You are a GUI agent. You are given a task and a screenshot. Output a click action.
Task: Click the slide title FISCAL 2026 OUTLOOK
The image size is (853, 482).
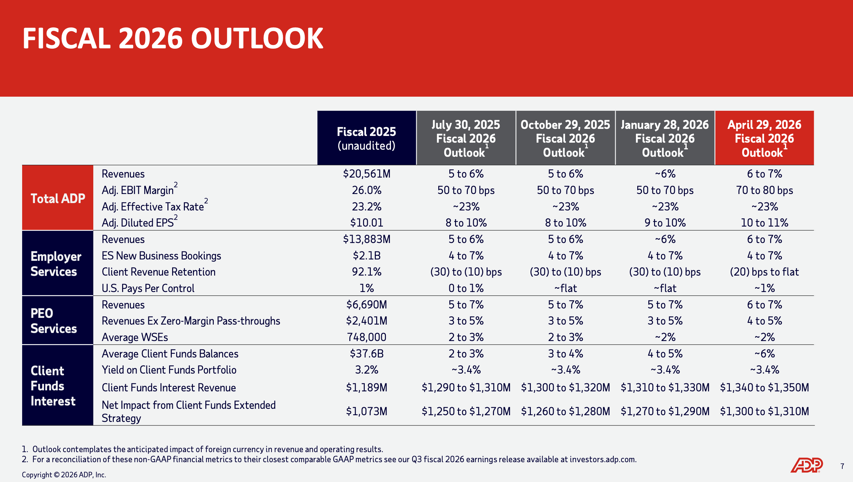[172, 39]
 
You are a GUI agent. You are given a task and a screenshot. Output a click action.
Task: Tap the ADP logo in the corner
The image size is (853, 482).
[806, 465]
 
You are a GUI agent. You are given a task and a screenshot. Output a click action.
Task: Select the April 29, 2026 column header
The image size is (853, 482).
[764, 138]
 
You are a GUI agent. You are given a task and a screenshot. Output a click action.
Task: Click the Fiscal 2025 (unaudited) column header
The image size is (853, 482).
[366, 138]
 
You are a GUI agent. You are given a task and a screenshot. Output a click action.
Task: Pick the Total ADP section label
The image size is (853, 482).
[58, 198]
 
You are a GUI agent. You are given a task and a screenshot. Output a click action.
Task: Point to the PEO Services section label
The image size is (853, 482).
[54, 321]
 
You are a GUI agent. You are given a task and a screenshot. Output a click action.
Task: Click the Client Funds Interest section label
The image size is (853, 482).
[53, 386]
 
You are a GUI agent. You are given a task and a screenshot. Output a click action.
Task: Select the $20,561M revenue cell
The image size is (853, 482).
[366, 174]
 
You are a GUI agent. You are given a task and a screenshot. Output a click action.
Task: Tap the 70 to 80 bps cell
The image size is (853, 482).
[764, 190]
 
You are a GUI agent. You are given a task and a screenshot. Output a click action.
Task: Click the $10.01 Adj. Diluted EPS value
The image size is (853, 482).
[366, 223]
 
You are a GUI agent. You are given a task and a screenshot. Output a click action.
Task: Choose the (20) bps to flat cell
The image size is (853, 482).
[764, 272]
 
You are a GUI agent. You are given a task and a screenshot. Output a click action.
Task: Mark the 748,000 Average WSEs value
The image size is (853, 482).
[366, 337]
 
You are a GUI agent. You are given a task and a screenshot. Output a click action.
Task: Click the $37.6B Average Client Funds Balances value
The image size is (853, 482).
[366, 353]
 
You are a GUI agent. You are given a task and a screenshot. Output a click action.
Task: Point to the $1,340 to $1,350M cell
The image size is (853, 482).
[764, 388]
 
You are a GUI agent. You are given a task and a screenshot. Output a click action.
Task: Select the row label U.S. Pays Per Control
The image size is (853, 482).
[148, 288]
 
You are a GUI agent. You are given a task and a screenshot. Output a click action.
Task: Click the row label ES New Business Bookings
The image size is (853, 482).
[161, 256]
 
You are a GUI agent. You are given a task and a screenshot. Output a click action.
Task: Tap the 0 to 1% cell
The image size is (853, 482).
[466, 288]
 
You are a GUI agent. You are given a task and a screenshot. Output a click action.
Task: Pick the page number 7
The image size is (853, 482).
[842, 466]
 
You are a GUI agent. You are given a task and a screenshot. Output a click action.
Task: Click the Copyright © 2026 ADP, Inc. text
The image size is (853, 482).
[64, 475]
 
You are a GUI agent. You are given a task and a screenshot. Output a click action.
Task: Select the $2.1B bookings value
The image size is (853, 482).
[366, 256]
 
